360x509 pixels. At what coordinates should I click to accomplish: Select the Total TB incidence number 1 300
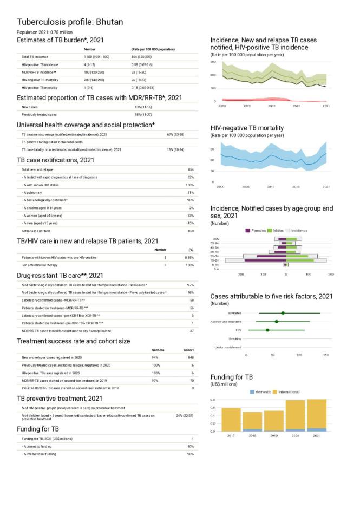click(90, 56)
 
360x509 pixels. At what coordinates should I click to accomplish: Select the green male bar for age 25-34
click(297, 256)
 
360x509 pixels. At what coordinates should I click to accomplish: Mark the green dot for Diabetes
click(283, 313)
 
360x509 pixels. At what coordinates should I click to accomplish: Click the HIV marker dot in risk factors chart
click(267, 330)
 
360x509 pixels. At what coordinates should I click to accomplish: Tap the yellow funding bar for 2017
click(231, 419)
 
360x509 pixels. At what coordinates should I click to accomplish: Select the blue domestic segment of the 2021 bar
click(316, 429)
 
